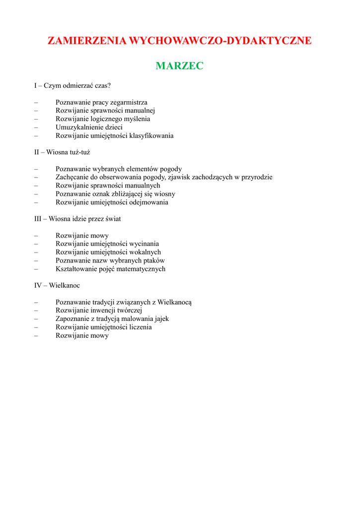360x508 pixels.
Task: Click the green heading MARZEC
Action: pyautogui.click(x=179, y=66)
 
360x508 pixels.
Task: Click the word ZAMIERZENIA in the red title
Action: pyautogui.click(x=87, y=41)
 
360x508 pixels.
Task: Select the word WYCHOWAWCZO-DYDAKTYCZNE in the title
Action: pyautogui.click(x=220, y=41)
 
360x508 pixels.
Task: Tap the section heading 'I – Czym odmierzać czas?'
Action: pyautogui.click(x=72, y=85)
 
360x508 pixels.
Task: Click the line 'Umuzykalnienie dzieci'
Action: pyautogui.click(x=89, y=127)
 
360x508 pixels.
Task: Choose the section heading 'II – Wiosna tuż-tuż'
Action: pyautogui.click(x=62, y=152)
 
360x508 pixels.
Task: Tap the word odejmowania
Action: pyautogui.click(x=149, y=202)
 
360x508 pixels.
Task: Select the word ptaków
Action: pyautogui.click(x=153, y=260)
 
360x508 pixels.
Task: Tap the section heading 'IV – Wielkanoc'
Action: pyautogui.click(x=57, y=285)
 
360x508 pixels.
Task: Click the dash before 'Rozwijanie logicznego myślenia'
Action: pyautogui.click(x=36, y=119)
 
